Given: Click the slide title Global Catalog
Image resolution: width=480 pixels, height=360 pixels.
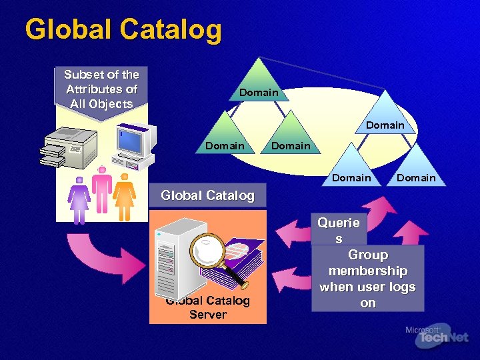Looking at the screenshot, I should coord(123,30).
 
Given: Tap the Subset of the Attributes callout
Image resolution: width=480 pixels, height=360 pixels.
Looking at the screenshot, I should coord(101,89).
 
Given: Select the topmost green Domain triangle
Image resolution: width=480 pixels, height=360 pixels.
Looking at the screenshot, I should coord(259,83).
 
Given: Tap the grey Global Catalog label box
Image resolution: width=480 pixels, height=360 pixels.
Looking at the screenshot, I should coord(207,195).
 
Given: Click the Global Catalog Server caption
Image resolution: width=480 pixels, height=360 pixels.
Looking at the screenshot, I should coord(207,307).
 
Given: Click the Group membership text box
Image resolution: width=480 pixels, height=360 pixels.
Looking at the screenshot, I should coord(367,279).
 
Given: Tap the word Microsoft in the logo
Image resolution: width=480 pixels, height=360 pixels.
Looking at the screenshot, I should coord(422,329).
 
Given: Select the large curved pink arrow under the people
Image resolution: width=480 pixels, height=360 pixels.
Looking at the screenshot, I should coord(114,259).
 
